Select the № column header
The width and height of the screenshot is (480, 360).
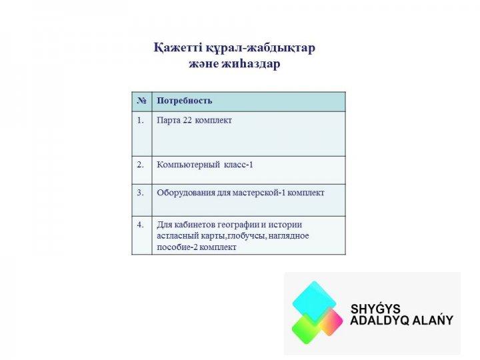142,101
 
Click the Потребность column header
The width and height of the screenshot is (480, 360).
184,101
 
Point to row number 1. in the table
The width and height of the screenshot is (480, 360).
140,120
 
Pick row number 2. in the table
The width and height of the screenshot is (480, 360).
140,165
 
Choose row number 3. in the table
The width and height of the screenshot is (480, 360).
140,193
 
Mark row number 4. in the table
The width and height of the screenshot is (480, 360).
140,225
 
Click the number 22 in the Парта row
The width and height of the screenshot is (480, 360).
187,120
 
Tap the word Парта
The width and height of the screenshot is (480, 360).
169,121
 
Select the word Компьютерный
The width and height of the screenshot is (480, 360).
188,165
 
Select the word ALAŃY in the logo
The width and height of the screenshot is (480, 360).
432,319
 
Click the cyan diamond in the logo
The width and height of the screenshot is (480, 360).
314,301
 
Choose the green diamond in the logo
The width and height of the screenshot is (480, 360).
307,329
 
